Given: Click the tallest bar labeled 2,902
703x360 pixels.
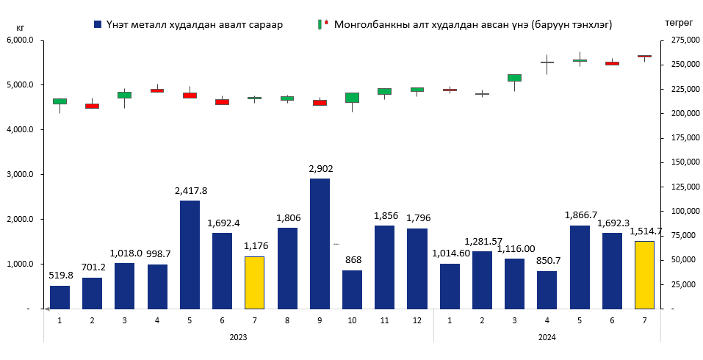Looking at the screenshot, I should (x=320, y=243).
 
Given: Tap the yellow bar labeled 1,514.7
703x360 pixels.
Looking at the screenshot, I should (x=643, y=275).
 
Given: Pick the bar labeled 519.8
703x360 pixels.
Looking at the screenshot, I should (x=60, y=297).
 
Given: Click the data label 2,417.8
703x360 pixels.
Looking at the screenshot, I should (x=190, y=190).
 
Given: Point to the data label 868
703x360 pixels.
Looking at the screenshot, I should (x=352, y=260).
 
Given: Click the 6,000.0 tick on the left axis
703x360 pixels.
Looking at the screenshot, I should (x=21, y=40).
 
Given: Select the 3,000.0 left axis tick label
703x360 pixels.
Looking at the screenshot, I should (x=21, y=175).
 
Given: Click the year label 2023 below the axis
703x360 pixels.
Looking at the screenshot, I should (x=237, y=337).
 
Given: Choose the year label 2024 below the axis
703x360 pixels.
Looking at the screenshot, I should (x=546, y=337).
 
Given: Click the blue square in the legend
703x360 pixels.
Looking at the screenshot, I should (x=98, y=24).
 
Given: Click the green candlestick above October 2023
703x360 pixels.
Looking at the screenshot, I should (x=352, y=98).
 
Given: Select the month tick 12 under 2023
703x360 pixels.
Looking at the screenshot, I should (x=417, y=320).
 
